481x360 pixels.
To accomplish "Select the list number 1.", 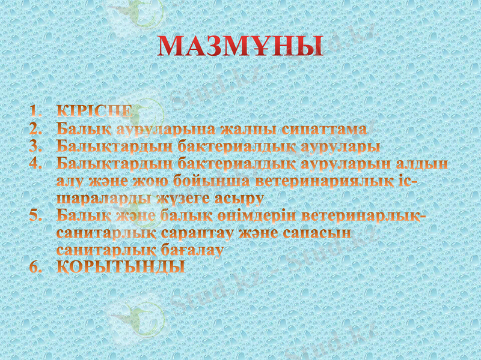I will pyautogui.click(x=36, y=112).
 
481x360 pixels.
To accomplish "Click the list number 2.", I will pyautogui.click(x=36, y=128).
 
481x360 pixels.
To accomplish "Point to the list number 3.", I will pyautogui.click(x=36, y=146).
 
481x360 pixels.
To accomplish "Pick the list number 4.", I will pyautogui.click(x=36, y=163).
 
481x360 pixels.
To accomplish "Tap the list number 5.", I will pyautogui.click(x=36, y=214).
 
